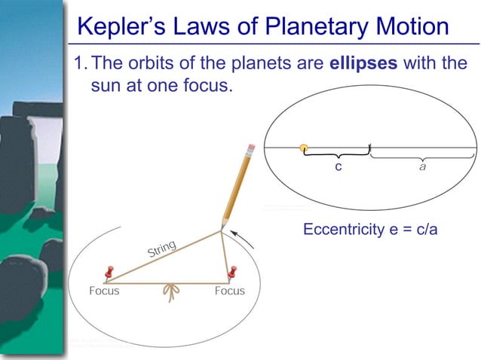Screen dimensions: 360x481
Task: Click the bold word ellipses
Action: click(x=363, y=63)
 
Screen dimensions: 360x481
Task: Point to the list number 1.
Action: click(x=78, y=63)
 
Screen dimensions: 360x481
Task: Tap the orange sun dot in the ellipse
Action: click(x=303, y=148)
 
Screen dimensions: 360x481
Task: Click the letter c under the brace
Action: click(x=339, y=166)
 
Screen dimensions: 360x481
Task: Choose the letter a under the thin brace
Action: click(x=422, y=166)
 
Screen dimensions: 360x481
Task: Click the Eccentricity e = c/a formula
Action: click(x=369, y=229)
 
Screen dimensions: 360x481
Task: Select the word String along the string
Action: click(x=162, y=248)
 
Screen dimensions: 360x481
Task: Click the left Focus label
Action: click(x=104, y=291)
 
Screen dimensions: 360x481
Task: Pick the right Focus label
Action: click(x=229, y=291)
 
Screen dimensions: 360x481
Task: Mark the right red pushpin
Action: click(x=233, y=270)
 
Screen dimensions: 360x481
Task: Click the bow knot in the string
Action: click(x=170, y=291)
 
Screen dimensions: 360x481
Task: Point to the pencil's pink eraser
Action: click(x=252, y=147)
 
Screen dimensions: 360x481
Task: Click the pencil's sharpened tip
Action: click(x=222, y=228)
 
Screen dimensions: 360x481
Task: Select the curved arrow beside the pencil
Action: click(x=243, y=240)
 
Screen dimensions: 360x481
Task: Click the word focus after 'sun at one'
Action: click(x=202, y=85)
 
